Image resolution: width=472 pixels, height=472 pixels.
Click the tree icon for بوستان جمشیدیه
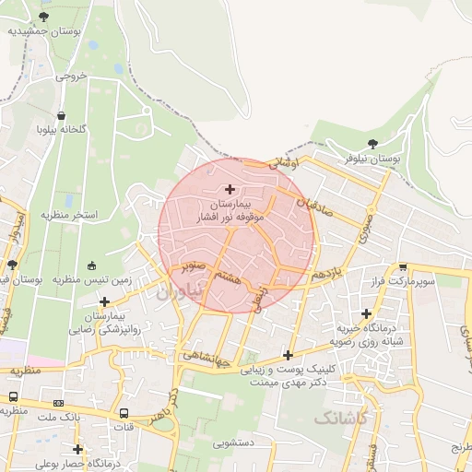pos(43,16)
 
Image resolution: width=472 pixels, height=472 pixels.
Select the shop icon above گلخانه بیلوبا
pos(61,116)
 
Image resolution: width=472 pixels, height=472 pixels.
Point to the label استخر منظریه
pos(68,215)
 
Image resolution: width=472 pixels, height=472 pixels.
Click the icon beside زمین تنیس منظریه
pos(90,266)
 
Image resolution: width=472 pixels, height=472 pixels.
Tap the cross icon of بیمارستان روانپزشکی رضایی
pos(105,301)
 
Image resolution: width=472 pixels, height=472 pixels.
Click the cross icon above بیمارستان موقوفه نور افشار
pos(230,188)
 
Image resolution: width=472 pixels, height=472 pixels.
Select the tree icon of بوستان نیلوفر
pos(372,143)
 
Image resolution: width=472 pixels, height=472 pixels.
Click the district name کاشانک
pos(341,419)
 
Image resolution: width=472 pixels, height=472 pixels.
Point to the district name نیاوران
pos(178,293)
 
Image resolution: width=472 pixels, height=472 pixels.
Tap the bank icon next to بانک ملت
pos(59,402)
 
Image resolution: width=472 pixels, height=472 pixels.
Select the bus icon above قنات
pos(124,413)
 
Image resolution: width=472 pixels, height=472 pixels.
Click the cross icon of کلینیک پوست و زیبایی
pos(289,355)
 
